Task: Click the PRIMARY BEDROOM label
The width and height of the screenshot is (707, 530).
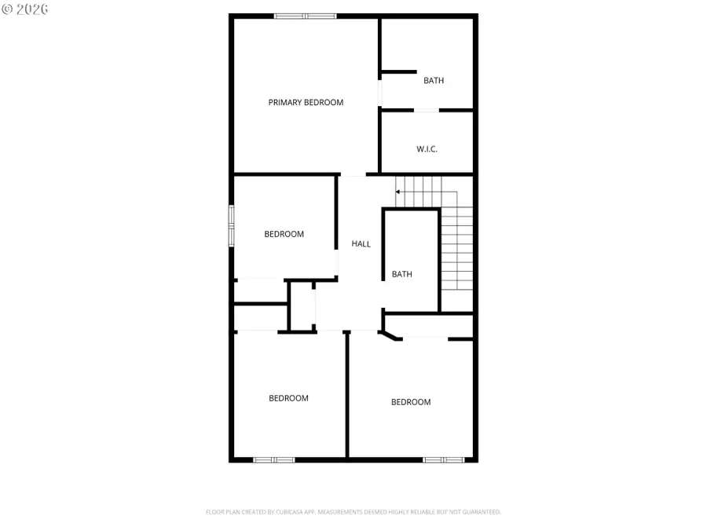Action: (306, 102)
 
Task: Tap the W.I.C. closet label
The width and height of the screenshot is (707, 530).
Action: (427, 149)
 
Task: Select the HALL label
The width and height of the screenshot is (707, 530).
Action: (361, 244)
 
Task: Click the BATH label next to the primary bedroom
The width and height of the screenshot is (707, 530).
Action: (434, 80)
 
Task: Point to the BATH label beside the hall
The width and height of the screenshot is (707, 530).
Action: (402, 274)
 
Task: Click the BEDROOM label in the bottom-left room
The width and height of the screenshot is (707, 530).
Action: (288, 398)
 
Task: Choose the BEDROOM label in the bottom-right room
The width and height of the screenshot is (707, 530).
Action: (411, 402)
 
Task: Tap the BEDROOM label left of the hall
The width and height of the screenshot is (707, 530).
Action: (284, 234)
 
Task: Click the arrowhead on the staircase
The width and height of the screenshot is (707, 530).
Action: (398, 191)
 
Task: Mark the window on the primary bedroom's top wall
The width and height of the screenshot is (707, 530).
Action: (305, 16)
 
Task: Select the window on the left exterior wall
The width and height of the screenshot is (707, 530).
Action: (231, 226)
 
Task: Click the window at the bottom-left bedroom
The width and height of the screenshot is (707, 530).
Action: (274, 459)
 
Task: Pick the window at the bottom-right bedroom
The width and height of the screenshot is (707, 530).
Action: (444, 459)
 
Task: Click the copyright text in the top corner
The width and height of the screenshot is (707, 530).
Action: (24, 9)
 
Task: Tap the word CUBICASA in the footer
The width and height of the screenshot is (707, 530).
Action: (282, 512)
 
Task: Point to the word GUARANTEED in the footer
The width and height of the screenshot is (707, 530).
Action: (479, 512)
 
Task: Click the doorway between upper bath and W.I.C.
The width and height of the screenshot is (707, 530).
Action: (427, 110)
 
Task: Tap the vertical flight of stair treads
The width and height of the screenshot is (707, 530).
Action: (456, 247)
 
